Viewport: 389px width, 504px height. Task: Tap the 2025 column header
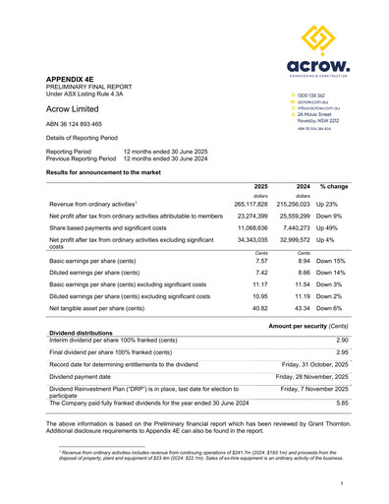pyautogui.click(x=259, y=158)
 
